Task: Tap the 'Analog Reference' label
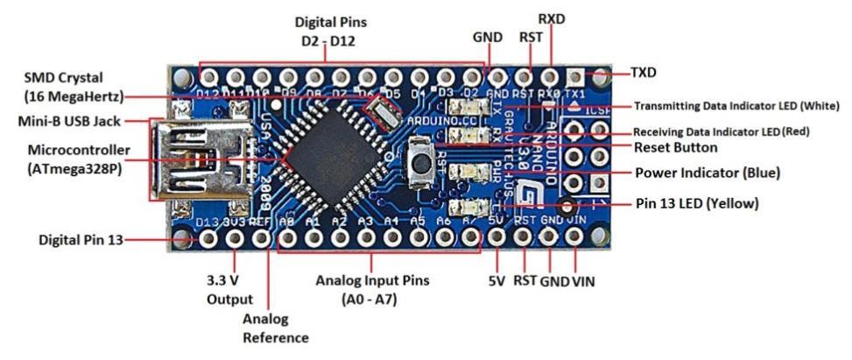click(x=277, y=328)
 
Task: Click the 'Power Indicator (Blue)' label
click(x=707, y=173)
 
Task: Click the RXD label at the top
click(x=552, y=18)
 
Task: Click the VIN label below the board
click(x=585, y=282)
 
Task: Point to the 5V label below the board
click(x=496, y=282)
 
